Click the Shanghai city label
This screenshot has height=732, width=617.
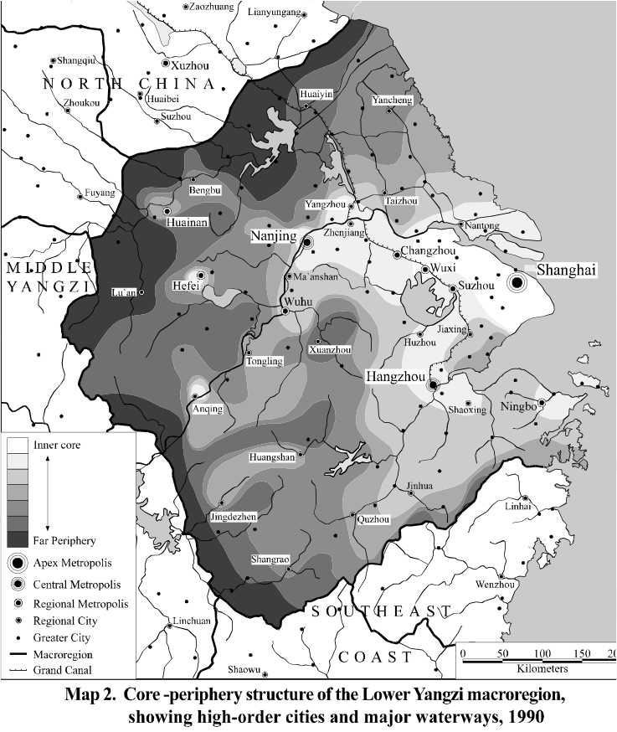click(x=566, y=270)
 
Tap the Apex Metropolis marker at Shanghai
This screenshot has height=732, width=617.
click(x=517, y=284)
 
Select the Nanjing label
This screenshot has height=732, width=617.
click(x=274, y=237)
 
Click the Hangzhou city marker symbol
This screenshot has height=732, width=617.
click(x=434, y=385)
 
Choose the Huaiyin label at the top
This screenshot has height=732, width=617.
click(x=316, y=95)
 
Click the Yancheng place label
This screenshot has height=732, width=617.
click(x=392, y=101)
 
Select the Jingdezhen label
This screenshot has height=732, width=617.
click(x=234, y=518)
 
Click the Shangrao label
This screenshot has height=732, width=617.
click(x=270, y=559)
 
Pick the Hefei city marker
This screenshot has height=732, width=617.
click(x=201, y=275)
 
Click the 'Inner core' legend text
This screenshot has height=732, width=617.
click(x=57, y=444)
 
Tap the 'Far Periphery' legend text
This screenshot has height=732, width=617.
click(x=64, y=541)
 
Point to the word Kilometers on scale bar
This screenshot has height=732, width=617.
click(x=542, y=668)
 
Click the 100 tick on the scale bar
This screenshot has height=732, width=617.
click(x=541, y=653)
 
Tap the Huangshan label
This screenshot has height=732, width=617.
click(x=273, y=457)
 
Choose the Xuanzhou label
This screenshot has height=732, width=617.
click(x=330, y=350)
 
